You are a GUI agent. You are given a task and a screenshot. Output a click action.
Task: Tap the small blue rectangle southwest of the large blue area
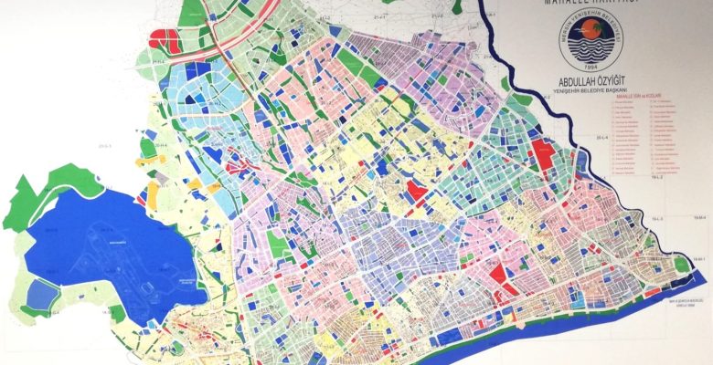40,293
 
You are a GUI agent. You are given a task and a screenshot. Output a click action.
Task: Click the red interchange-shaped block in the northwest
165,38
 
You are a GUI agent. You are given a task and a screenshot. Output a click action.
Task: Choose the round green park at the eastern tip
681,264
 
